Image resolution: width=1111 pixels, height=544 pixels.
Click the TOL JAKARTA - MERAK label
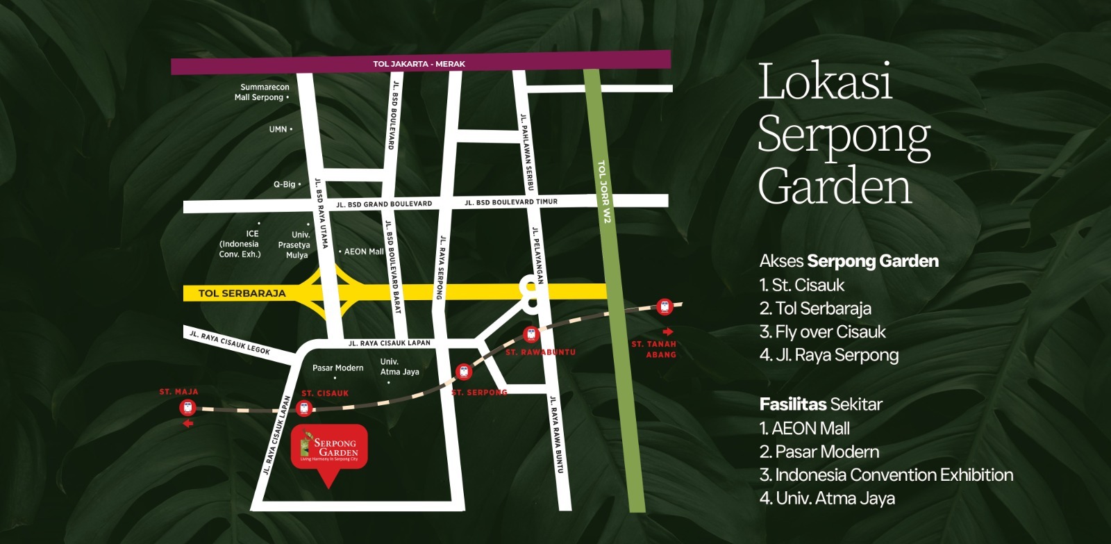[419, 64]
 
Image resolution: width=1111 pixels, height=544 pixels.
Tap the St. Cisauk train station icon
[303, 408]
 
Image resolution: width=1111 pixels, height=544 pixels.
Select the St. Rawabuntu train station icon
[531, 334]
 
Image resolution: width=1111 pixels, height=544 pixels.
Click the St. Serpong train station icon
[463, 372]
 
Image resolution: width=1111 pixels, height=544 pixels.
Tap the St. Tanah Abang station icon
[665, 306]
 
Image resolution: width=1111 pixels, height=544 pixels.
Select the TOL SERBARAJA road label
[242, 293]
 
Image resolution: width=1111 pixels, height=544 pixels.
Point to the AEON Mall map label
[363, 252]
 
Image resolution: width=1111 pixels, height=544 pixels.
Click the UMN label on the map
[278, 129]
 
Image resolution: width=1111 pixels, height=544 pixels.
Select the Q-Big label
[284, 185]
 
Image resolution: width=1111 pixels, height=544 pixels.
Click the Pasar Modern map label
[337, 368]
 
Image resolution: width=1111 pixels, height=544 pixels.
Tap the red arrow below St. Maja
[187, 423]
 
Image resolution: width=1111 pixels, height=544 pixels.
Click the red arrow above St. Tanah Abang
[667, 331]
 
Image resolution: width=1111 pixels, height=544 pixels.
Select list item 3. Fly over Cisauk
[822, 332]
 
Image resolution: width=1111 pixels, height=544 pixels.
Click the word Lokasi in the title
[824, 82]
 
